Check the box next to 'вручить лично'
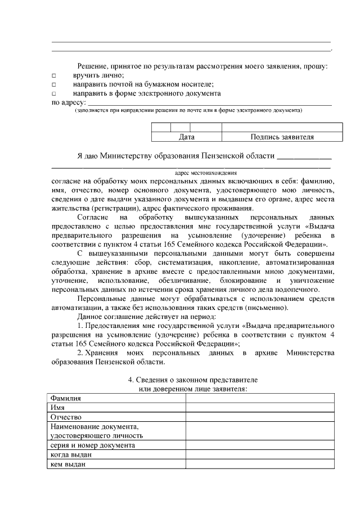pyautogui.click(x=54, y=75)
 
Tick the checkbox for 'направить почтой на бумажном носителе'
pyautogui.click(x=54, y=84)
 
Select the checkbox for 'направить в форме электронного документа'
pyautogui.click(x=54, y=93)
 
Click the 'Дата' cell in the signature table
pyautogui.click(x=187, y=137)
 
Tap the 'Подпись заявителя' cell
pyautogui.click(x=282, y=137)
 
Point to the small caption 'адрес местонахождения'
pyautogui.click(x=206, y=173)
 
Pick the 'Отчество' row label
pyautogui.click(x=66, y=417)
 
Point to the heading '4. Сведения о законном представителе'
pyautogui.click(x=193, y=380)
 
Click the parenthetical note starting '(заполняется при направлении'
pyautogui.click(x=189, y=111)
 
